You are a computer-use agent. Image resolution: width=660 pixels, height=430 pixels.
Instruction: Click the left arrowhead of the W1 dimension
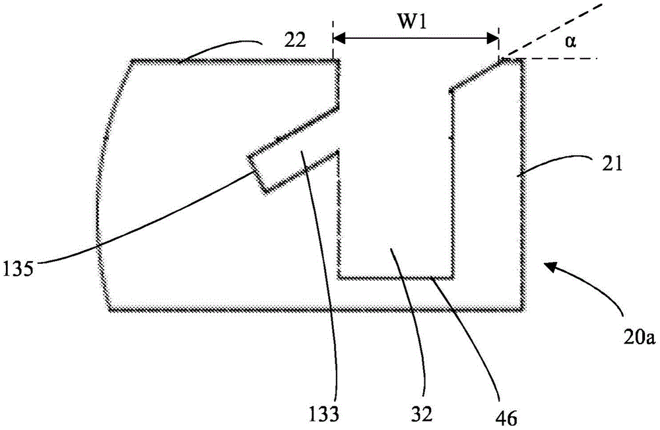(x=338, y=38)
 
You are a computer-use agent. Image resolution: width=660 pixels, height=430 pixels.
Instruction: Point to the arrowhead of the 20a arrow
(x=546, y=264)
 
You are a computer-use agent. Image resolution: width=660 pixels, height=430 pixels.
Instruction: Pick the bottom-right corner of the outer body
(x=523, y=307)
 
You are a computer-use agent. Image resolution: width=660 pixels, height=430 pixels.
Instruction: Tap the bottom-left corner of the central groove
(x=339, y=277)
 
